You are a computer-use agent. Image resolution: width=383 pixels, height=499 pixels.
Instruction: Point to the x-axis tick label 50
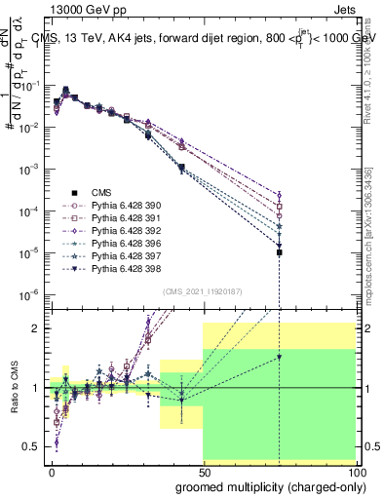point(204,471)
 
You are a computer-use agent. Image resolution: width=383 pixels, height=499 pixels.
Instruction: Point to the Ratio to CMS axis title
point(12,388)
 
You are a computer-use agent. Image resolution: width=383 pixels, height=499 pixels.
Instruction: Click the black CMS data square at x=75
point(280,252)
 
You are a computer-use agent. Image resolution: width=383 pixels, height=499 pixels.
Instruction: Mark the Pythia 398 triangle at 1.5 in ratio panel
point(280,358)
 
